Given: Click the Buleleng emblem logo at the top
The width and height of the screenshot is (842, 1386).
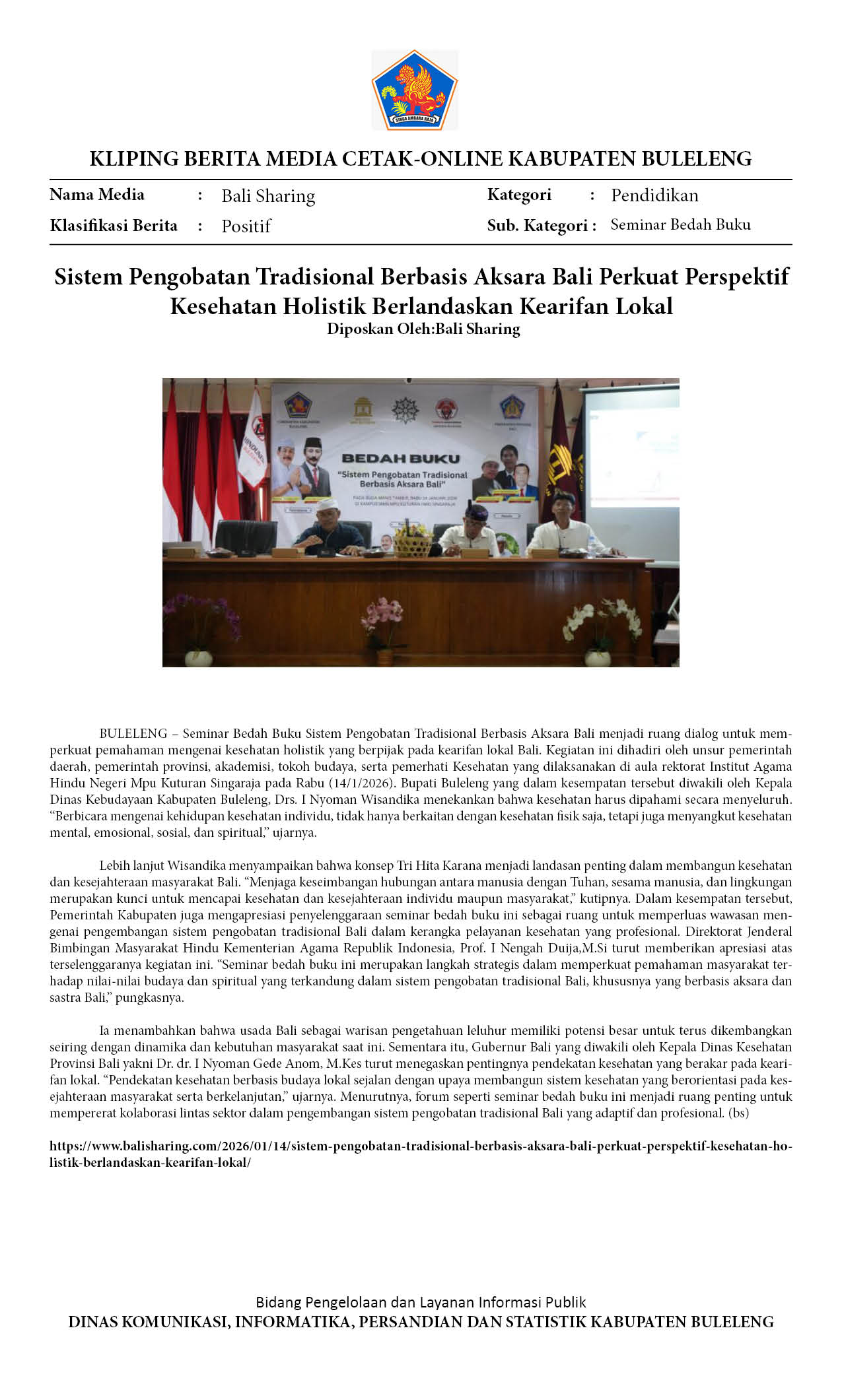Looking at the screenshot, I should [x=415, y=89].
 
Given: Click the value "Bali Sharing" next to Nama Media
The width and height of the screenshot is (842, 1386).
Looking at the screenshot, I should [x=268, y=196].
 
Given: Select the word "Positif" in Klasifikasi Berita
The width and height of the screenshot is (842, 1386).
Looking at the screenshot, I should [x=246, y=226].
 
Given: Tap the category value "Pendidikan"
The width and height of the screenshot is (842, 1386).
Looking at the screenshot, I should [x=654, y=195].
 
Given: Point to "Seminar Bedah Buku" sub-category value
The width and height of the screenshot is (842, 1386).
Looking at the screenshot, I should [x=680, y=225].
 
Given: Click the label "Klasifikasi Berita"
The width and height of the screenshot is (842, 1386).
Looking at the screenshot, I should [x=114, y=226].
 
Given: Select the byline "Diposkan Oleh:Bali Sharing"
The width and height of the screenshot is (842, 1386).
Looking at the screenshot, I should [x=423, y=329].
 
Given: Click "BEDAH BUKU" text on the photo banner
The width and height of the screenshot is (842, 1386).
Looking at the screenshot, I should [x=401, y=458].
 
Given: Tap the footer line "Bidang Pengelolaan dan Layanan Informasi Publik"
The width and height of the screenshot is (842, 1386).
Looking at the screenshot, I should [x=421, y=1302].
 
